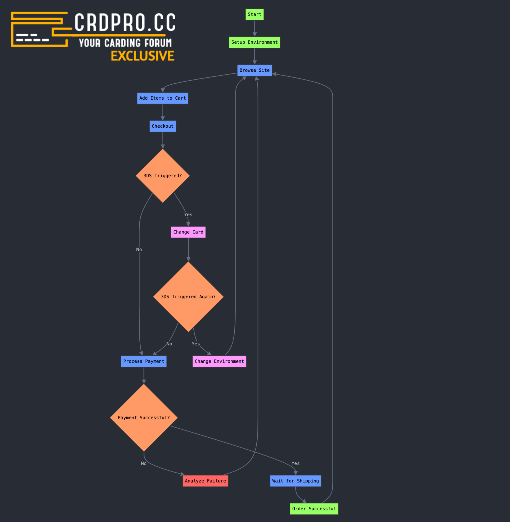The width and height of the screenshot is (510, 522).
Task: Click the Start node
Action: click(254, 15)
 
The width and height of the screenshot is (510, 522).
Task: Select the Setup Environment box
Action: click(254, 42)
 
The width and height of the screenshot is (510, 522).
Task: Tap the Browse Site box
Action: click(254, 70)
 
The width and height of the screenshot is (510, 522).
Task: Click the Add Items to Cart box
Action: click(163, 98)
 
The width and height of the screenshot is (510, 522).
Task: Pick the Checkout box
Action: click(163, 126)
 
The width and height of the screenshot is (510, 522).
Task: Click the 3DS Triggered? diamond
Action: click(163, 176)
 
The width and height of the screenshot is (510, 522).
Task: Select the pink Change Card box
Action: click(188, 232)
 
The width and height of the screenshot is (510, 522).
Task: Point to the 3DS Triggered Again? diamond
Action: click(188, 297)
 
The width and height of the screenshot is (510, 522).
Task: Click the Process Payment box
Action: click(144, 361)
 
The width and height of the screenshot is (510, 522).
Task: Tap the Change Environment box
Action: click(219, 361)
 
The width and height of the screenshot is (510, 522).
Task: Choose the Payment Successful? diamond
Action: click(144, 418)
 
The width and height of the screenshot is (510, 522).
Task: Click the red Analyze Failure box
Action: click(205, 481)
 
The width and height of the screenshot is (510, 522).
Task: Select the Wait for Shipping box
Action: click(295, 481)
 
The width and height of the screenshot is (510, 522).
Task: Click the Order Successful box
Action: click(314, 509)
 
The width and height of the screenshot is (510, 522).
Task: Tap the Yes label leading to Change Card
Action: click(188, 215)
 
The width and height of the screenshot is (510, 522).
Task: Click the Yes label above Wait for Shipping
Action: click(295, 464)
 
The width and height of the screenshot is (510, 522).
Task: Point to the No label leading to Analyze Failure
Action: click(143, 464)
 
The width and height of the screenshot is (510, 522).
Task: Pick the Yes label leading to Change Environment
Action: click(195, 344)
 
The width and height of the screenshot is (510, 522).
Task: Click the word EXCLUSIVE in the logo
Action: click(142, 56)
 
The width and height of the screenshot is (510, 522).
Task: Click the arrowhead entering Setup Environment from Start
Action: click(254, 35)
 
